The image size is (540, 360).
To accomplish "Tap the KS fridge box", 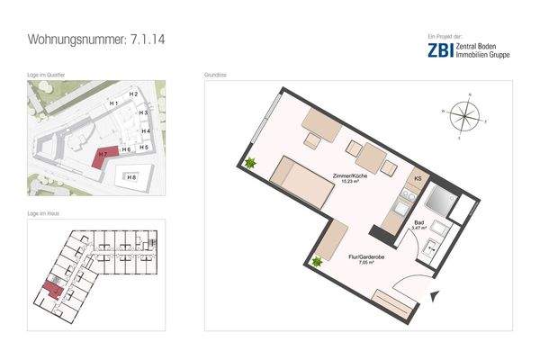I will (418, 179).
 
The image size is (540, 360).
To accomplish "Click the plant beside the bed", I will (248, 164).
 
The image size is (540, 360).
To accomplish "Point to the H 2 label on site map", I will (132, 94).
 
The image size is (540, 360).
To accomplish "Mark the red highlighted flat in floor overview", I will (51, 289).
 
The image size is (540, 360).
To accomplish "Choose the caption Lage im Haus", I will (43, 214).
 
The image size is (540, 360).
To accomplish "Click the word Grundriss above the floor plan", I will (216, 76).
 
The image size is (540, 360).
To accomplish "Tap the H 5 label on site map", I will (144, 147).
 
